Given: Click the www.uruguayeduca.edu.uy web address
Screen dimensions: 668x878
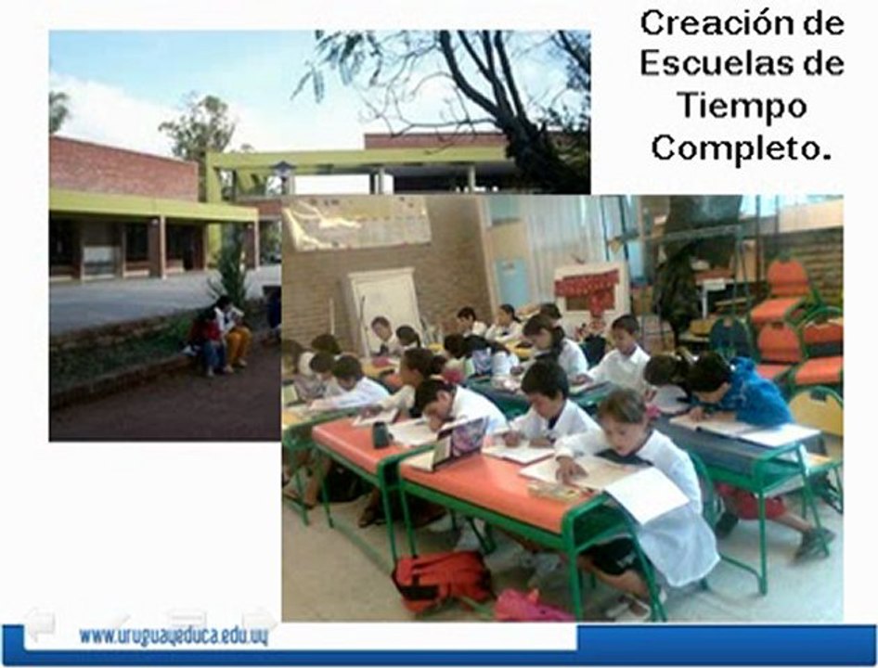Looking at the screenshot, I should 174,636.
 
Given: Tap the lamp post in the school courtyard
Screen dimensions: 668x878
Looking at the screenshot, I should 284,175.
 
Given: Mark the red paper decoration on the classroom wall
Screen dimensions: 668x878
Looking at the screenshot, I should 587,282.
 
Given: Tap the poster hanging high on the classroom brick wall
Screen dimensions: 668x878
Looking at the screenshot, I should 357,223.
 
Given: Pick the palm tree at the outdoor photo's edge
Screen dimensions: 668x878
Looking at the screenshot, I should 58,111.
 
